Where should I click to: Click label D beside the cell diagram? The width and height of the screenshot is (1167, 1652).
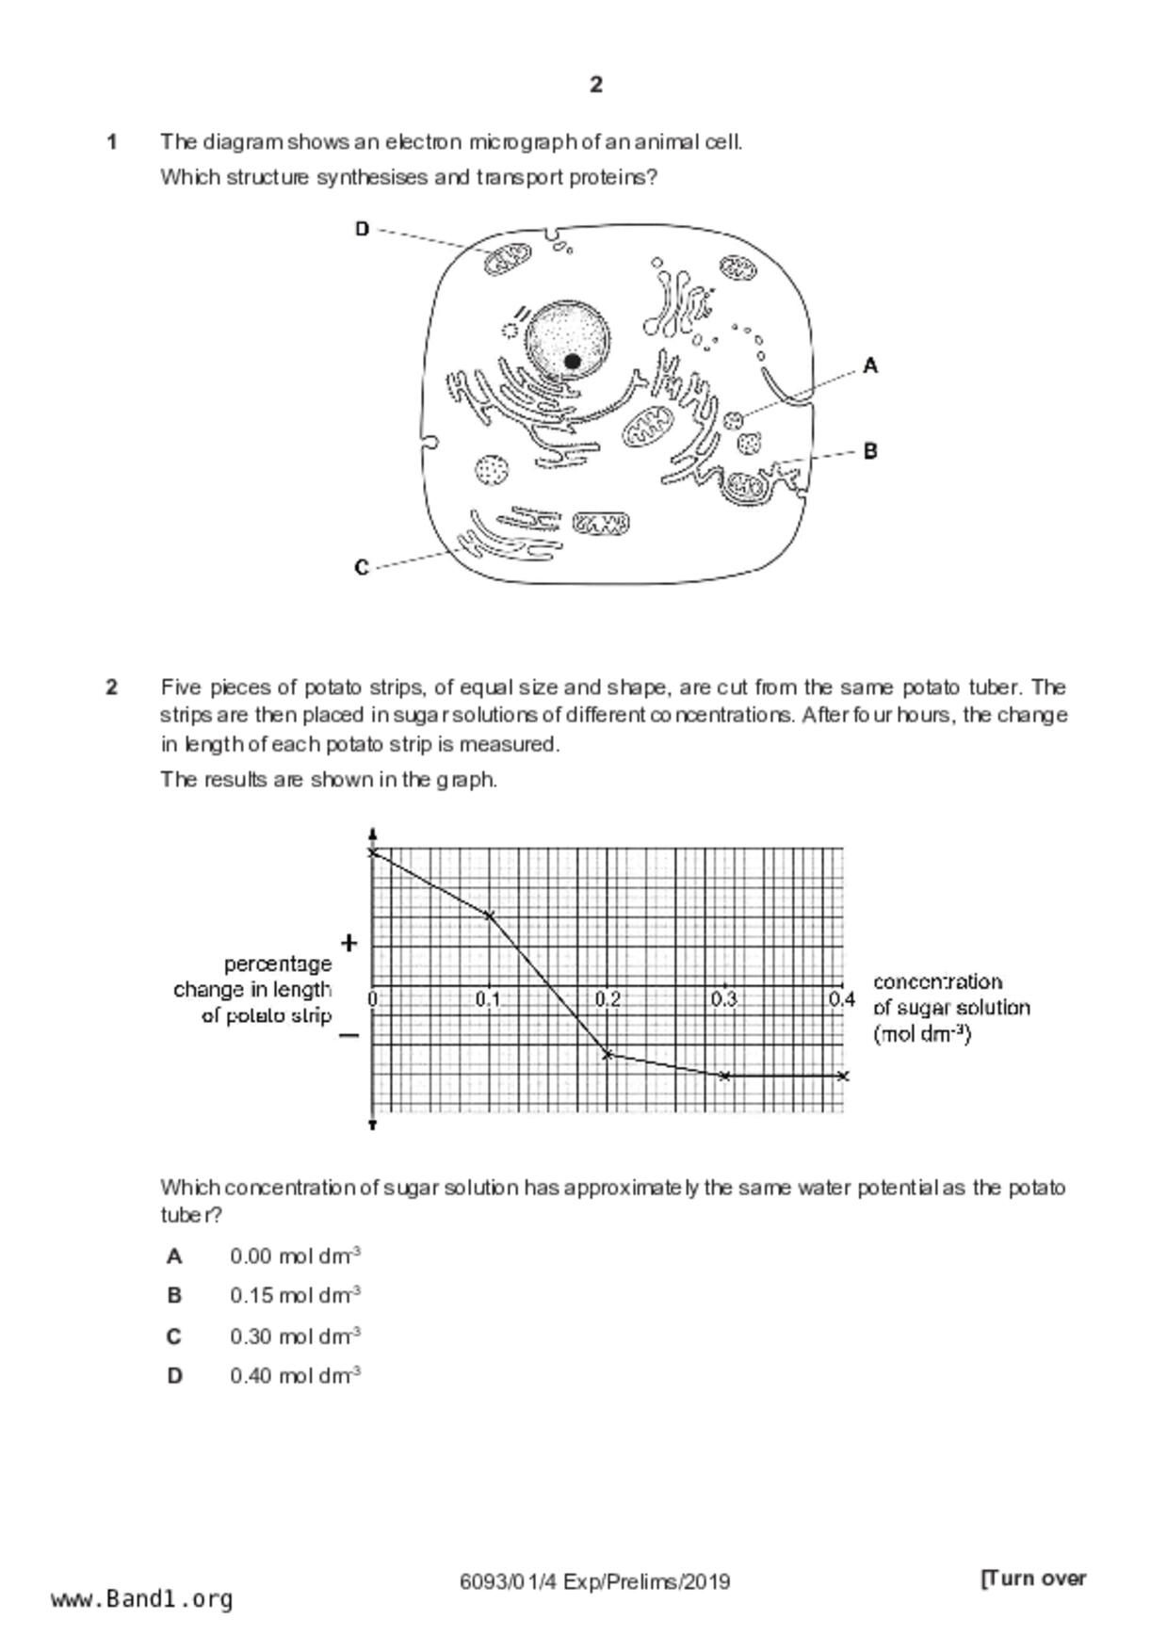click(363, 229)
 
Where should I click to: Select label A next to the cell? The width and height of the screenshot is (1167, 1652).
click(870, 365)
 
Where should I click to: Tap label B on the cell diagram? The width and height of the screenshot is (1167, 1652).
click(870, 451)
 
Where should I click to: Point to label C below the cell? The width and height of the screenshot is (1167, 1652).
click(362, 568)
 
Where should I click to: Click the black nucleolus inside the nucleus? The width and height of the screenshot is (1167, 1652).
click(572, 361)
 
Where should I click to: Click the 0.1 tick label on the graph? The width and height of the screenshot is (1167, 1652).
click(488, 999)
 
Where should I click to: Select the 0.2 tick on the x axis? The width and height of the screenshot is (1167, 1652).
click(608, 999)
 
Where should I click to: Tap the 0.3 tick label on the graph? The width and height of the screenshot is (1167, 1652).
click(723, 999)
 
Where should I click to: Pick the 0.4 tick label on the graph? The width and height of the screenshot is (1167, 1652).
click(841, 999)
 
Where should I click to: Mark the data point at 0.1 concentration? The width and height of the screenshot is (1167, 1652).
click(489, 915)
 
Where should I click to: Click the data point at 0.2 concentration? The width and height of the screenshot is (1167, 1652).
click(608, 1054)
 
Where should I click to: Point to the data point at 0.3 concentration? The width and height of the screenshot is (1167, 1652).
click(724, 1076)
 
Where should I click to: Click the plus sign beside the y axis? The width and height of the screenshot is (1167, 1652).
click(349, 942)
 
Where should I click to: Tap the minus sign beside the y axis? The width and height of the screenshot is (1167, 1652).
click(348, 1035)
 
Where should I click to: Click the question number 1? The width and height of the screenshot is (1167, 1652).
click(112, 142)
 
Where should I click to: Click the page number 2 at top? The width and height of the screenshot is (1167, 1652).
click(595, 85)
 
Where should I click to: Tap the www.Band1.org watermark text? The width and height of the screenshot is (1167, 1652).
click(141, 1598)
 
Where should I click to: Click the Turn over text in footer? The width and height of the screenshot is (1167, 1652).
click(1033, 1579)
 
